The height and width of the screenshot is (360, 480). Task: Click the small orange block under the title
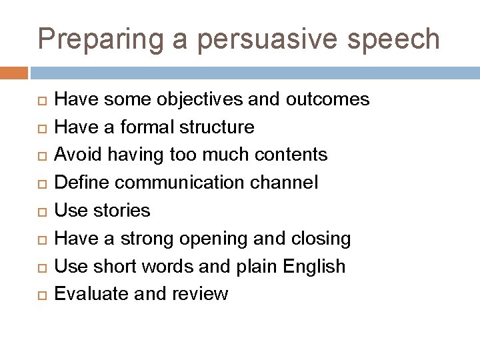point(14,72)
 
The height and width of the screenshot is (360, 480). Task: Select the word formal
point(142,127)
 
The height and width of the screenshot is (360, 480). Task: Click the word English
point(314,267)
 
